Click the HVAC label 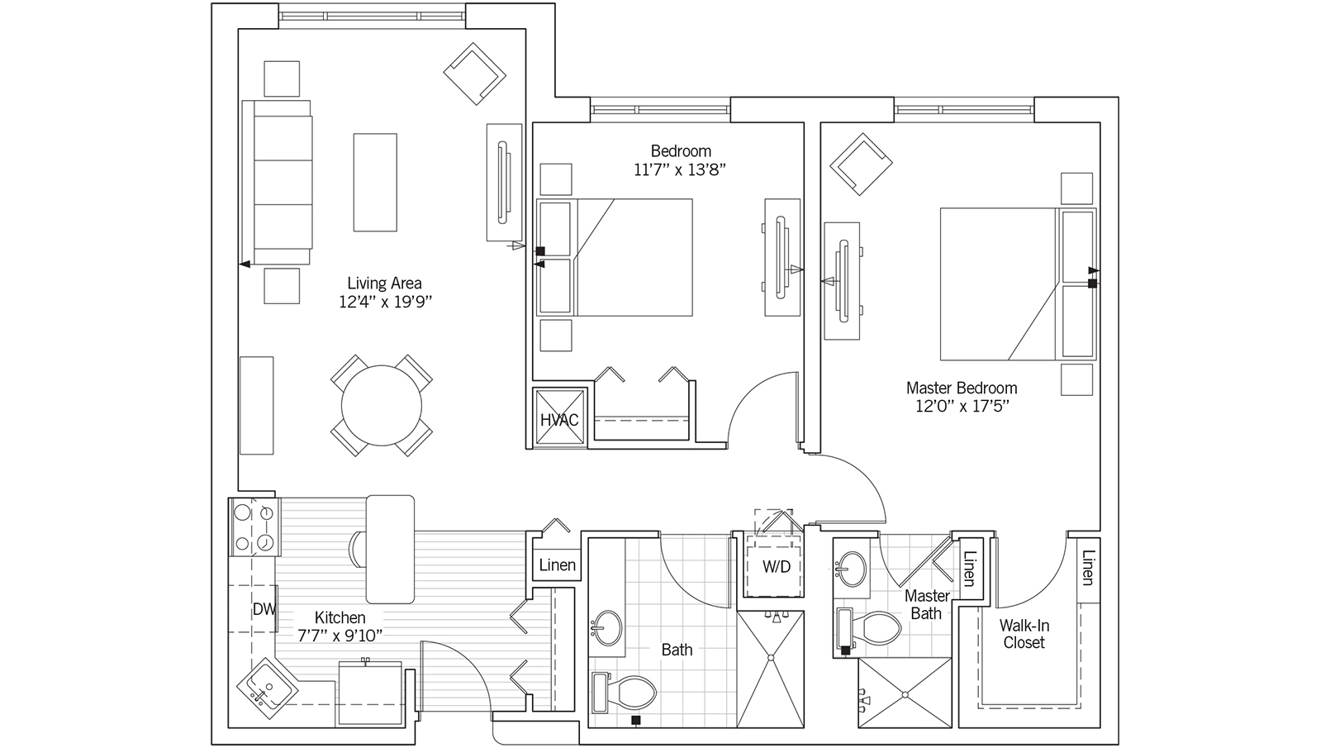[558, 420]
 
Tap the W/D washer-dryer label [776, 567]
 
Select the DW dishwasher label [264, 609]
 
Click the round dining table [381, 406]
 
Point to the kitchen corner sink [267, 688]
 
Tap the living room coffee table [375, 183]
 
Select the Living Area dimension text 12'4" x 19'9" [385, 302]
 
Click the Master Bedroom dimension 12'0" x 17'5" [962, 407]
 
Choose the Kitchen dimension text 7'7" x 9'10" [340, 636]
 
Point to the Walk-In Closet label [1024, 634]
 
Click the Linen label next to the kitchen [557, 565]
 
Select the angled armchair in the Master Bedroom [861, 164]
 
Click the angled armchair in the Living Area [474, 74]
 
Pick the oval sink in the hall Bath [607, 628]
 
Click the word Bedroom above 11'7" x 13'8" [681, 151]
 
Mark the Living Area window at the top [373, 16]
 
